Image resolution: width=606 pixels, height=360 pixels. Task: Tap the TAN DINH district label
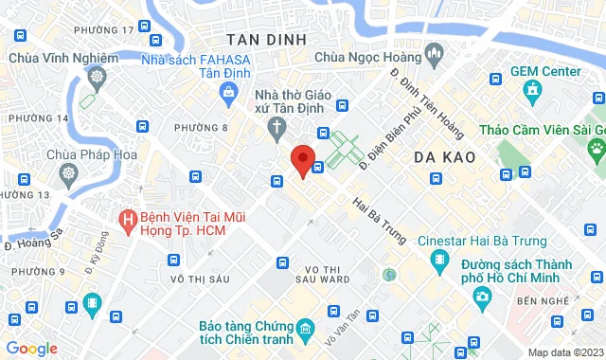(x=266, y=39)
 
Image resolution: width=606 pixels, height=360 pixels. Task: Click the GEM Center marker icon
(x=532, y=92)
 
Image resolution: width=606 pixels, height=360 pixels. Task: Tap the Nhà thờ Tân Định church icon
(x=276, y=127)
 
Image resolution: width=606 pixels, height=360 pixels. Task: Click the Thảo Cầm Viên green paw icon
(x=597, y=148)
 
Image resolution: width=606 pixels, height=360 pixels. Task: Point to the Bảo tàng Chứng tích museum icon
(x=305, y=330)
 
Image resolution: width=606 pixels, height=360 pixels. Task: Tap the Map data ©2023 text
(x=564, y=352)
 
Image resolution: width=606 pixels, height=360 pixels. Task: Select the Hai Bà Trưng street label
(x=380, y=220)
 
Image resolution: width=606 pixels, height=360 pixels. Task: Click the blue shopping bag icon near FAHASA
(x=229, y=91)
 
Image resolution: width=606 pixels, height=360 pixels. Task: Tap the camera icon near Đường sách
(x=482, y=297)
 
